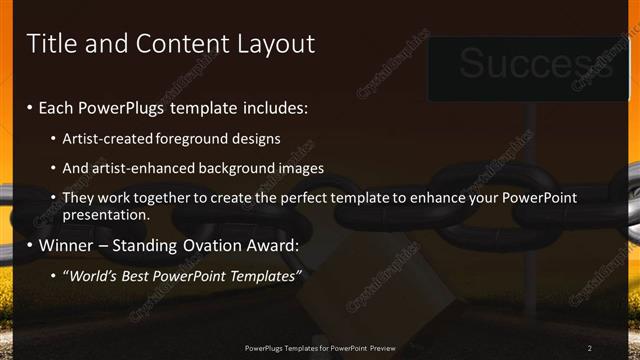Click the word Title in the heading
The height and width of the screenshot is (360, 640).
pyautogui.click(x=50, y=44)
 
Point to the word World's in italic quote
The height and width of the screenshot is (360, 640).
pyautogui.click(x=93, y=275)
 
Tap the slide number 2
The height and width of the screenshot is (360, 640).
pyautogui.click(x=590, y=348)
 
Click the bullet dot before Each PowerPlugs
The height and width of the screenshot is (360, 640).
pyautogui.click(x=30, y=108)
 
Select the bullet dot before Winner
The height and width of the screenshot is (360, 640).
pyautogui.click(x=30, y=245)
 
